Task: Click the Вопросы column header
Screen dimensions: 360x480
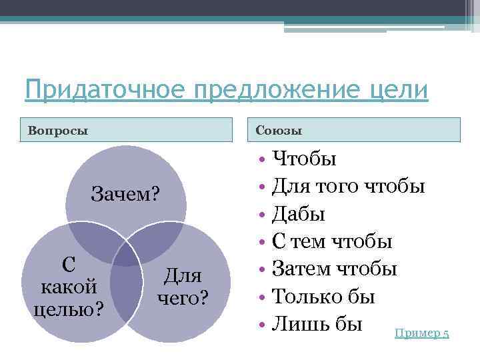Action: coord(58,129)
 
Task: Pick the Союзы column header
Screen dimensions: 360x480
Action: coord(275,129)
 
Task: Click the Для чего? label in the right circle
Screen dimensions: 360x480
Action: coord(183,286)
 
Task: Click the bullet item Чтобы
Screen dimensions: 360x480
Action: coord(305,159)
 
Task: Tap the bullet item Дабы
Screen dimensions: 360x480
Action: coord(299,214)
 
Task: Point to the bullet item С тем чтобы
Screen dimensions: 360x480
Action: coord(333,241)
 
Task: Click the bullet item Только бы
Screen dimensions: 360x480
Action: coord(324,297)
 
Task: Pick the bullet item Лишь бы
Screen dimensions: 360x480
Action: coord(317,324)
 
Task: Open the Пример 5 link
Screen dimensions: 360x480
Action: coord(422,333)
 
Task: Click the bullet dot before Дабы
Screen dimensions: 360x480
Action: coord(263,215)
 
